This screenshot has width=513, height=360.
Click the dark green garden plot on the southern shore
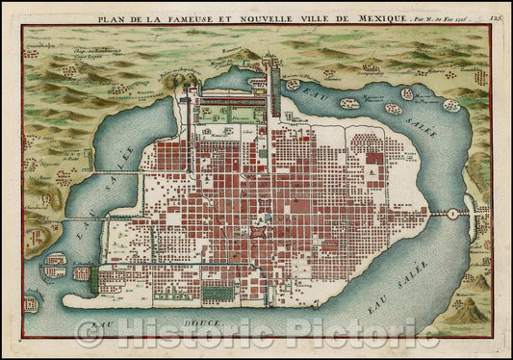(83, 280)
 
